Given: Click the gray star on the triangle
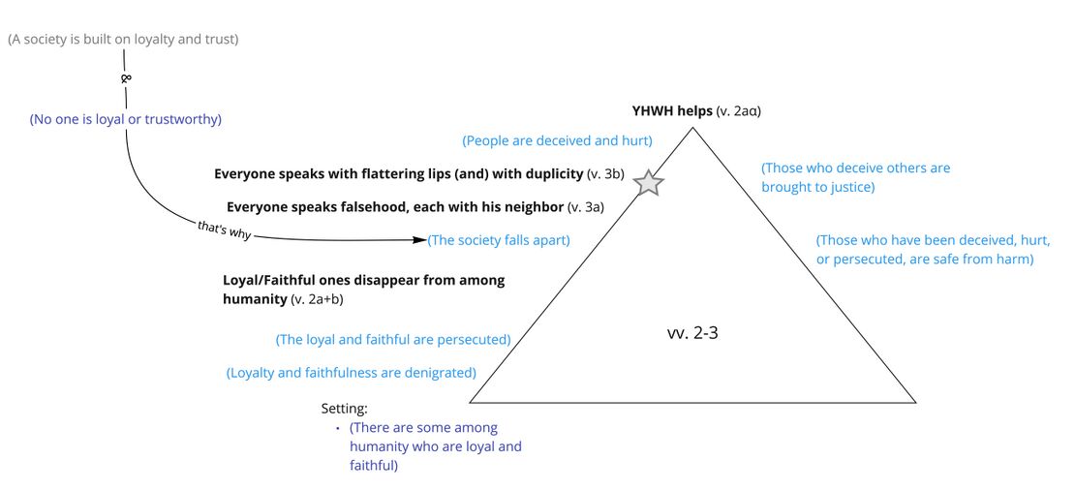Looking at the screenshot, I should tap(648, 181).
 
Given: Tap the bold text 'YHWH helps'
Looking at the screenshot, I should tap(671, 110).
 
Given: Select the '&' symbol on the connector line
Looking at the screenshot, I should tap(126, 78).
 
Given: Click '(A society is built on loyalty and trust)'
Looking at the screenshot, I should tap(123, 39).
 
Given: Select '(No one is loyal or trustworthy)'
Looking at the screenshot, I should tap(126, 119).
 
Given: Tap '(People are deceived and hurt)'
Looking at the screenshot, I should tap(557, 140).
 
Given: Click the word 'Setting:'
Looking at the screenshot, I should tap(345, 409).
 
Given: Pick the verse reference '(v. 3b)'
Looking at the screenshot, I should tap(605, 173).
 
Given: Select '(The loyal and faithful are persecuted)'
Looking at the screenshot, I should tap(393, 339).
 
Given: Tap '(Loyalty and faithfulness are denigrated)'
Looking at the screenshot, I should tap(351, 372).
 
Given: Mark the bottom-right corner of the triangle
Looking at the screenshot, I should tap(914, 402).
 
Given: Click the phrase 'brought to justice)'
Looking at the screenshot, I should tap(817, 187).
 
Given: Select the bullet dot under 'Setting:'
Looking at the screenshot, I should tap(338, 428).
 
